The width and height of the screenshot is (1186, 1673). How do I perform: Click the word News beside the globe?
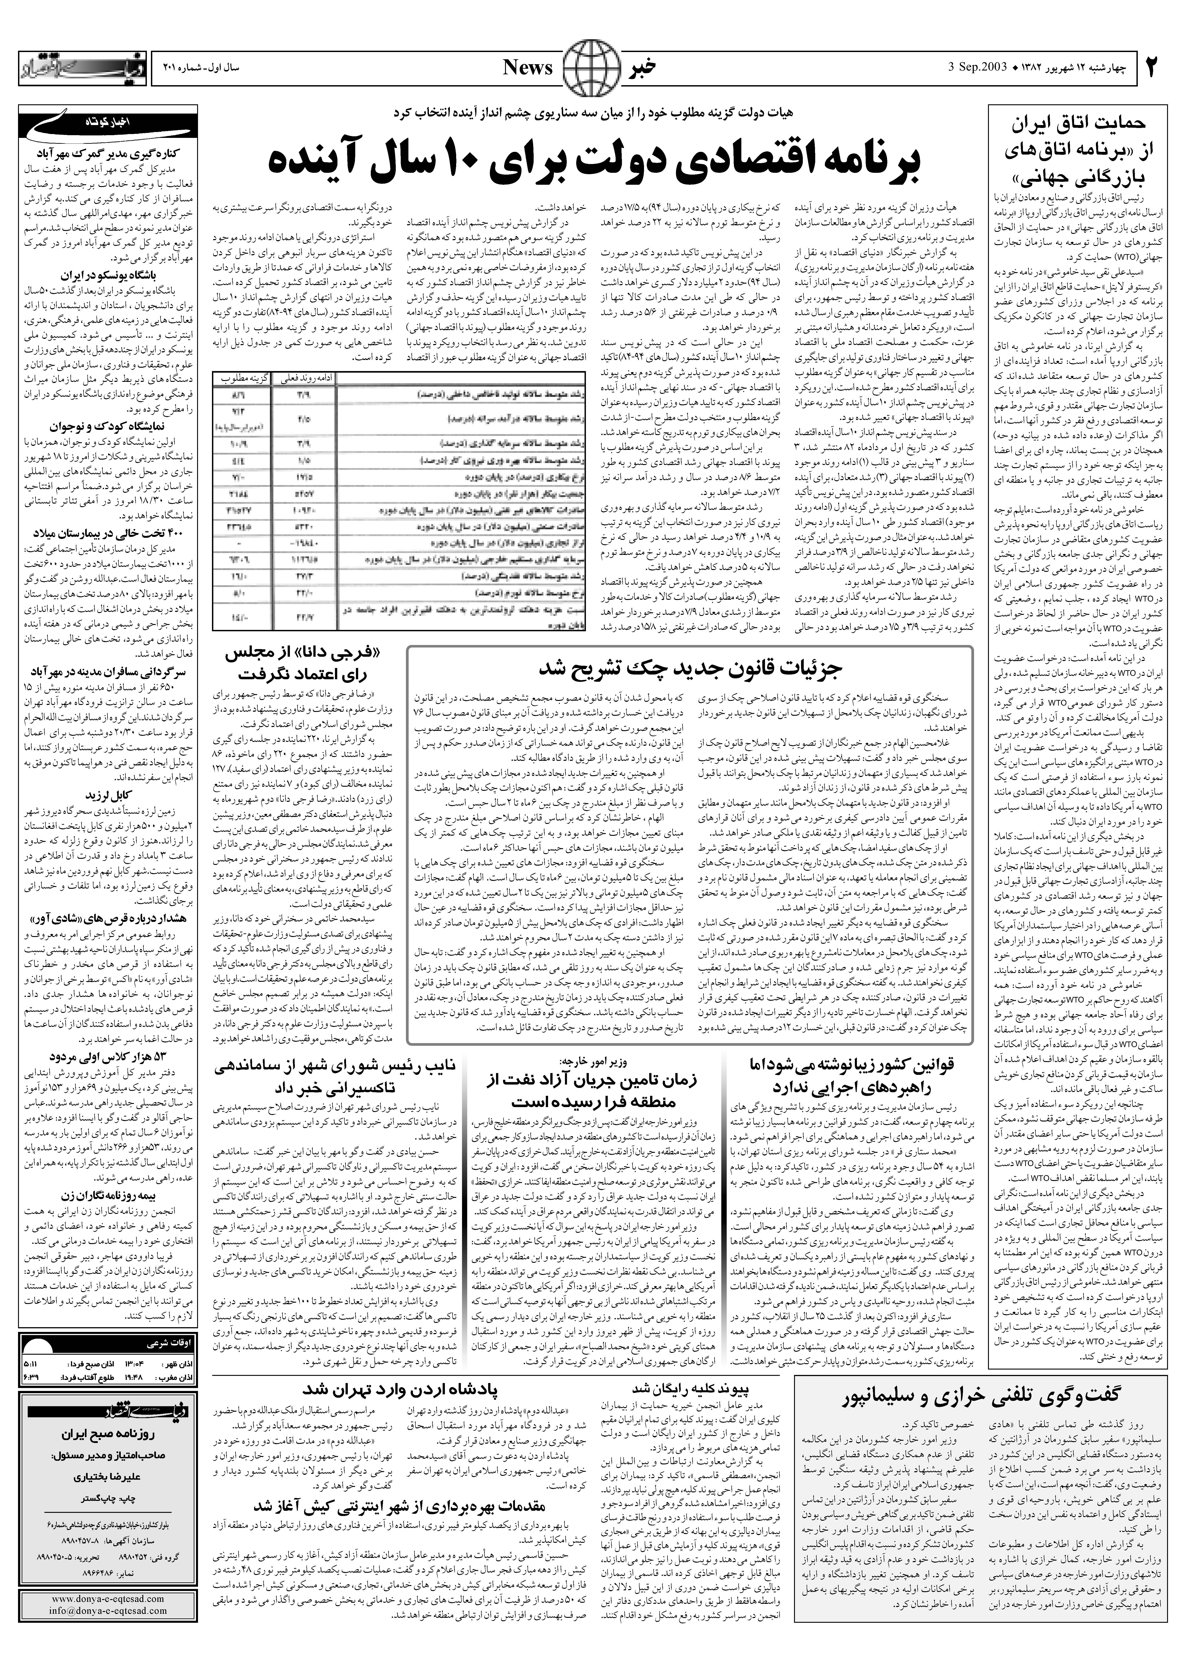click(x=527, y=68)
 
